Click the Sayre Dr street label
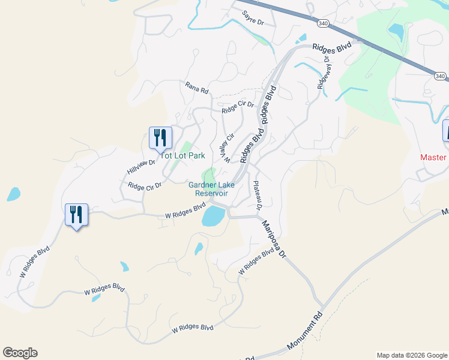click(253, 17)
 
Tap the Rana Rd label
click(196, 88)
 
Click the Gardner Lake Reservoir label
click(208, 189)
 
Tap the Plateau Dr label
click(259, 195)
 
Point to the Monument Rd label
click(305, 331)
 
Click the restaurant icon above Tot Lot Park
click(160, 137)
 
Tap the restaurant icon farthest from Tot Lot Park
click(76, 214)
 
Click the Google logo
click(20, 353)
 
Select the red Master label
click(433, 157)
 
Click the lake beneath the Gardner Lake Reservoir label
click(212, 216)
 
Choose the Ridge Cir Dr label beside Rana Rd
click(238, 107)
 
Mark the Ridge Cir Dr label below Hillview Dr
click(145, 187)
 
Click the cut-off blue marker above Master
click(446, 131)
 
